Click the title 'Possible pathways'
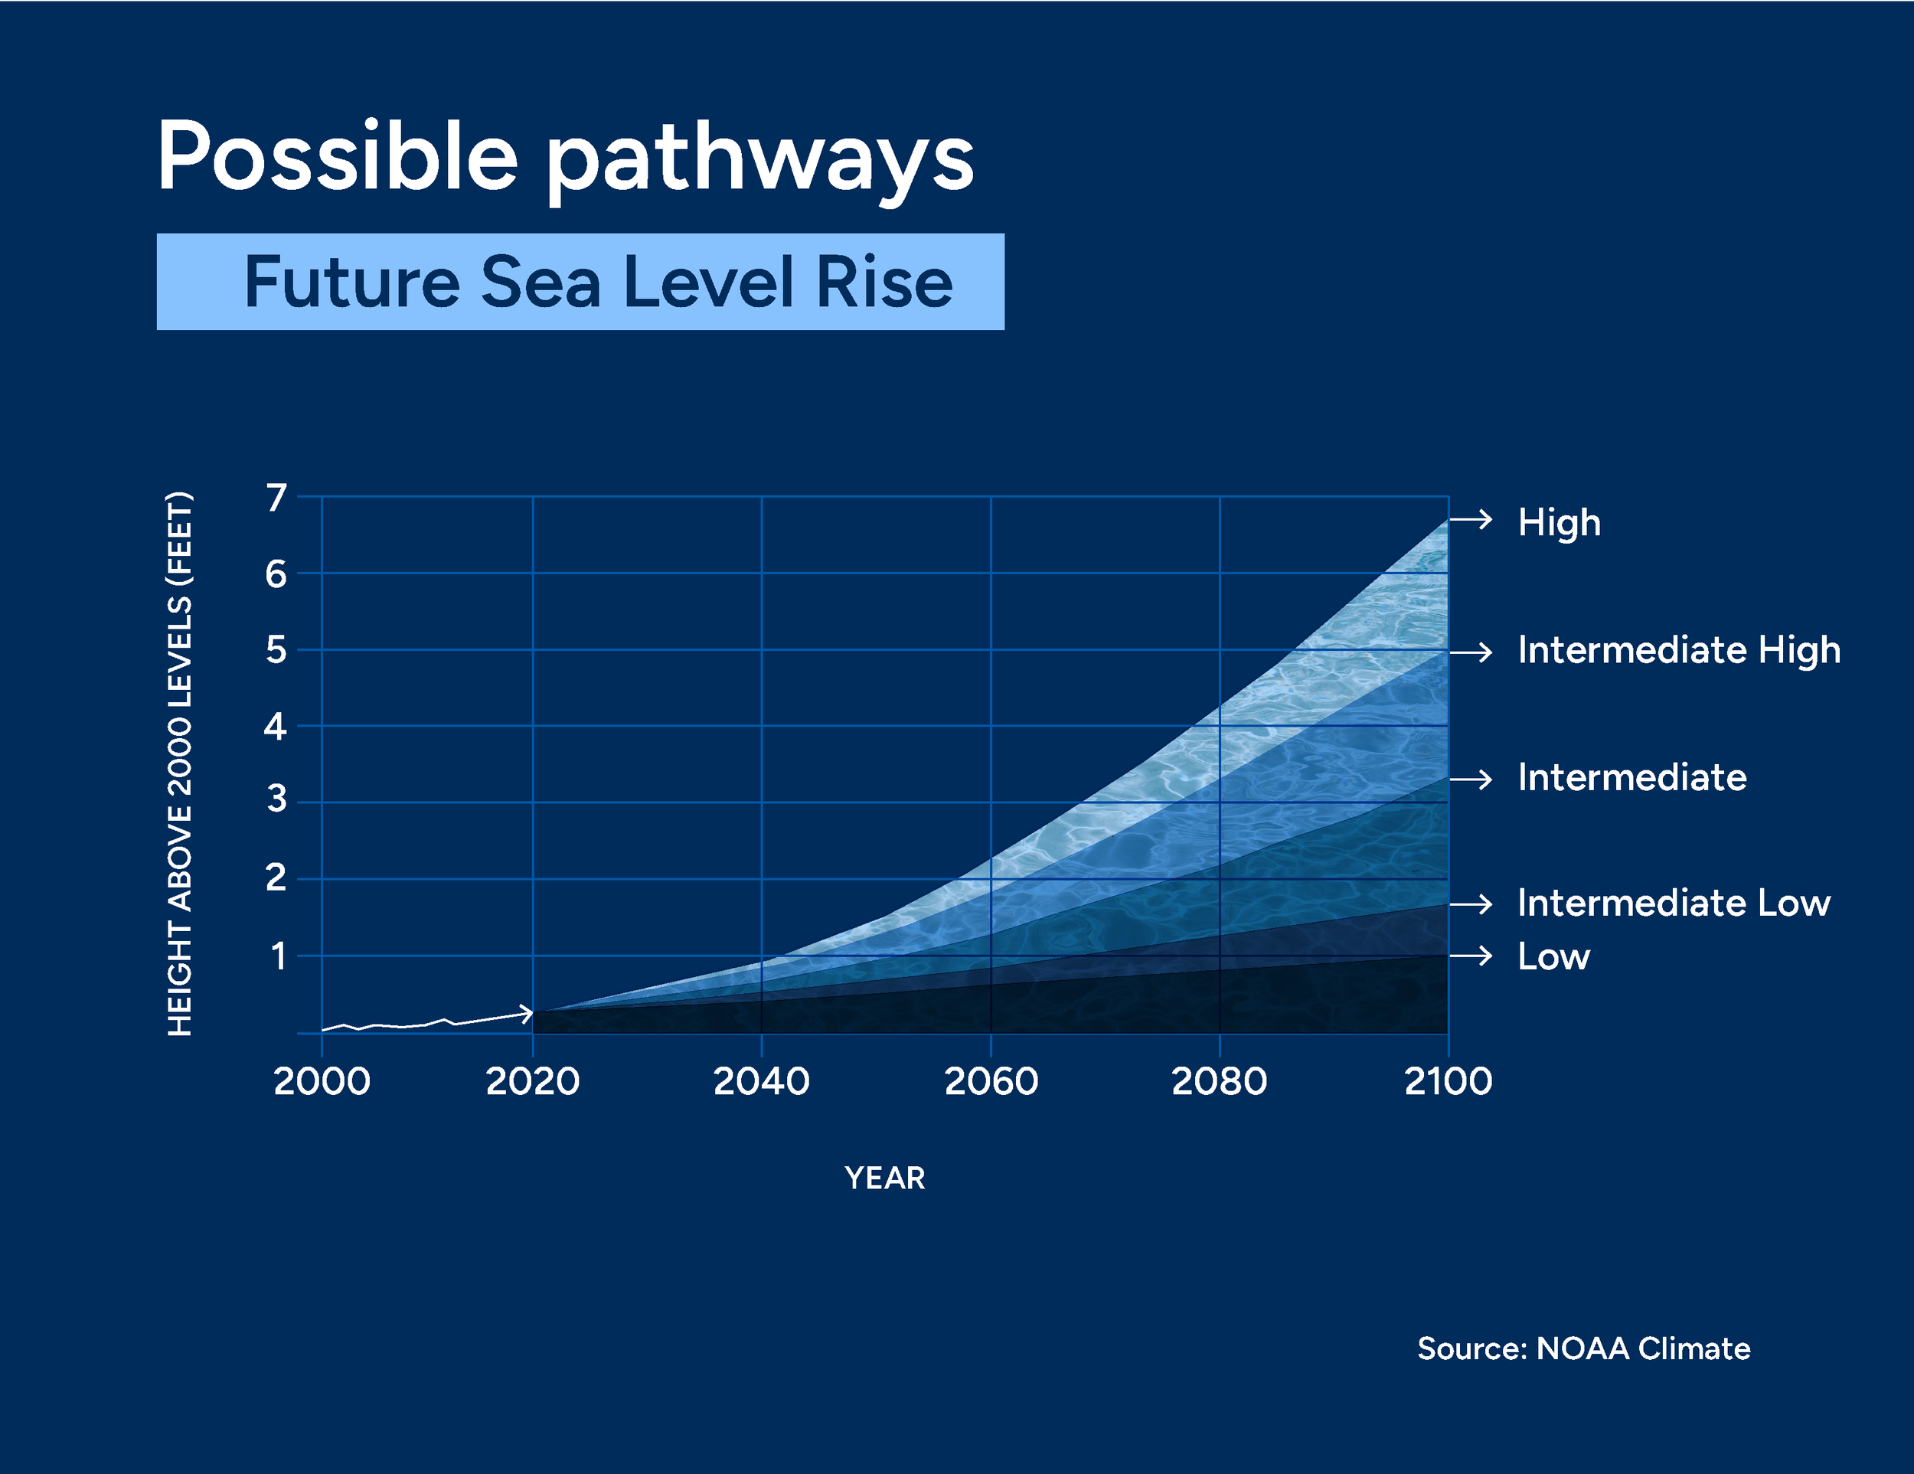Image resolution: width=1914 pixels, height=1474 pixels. [x=565, y=158]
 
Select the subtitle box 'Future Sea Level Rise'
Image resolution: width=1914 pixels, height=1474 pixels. [x=580, y=281]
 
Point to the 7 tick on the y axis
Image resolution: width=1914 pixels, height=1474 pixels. [x=276, y=498]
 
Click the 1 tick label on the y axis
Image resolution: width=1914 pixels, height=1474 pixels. [x=278, y=956]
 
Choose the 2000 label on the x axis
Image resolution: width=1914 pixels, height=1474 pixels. [x=322, y=1081]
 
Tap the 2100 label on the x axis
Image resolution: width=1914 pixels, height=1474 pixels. [x=1448, y=1081]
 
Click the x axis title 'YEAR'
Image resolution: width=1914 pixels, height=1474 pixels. [x=884, y=1178]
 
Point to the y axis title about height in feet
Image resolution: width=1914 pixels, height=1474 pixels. [x=180, y=764]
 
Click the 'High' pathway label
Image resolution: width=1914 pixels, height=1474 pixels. [x=1559, y=522]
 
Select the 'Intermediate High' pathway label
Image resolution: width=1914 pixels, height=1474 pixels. [x=1678, y=650]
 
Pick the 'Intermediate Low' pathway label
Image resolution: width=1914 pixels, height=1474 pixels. [x=1673, y=903]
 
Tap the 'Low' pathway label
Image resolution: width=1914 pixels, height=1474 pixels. [x=1553, y=956]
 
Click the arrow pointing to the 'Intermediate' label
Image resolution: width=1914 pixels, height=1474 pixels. [x=1471, y=779]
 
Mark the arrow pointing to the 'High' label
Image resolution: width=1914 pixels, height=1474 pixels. [x=1471, y=520]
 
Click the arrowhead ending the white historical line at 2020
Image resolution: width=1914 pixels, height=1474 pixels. [x=527, y=1014]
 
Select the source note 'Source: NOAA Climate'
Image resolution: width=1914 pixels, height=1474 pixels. [x=1582, y=1348]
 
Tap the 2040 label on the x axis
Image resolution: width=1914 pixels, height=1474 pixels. [x=761, y=1081]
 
